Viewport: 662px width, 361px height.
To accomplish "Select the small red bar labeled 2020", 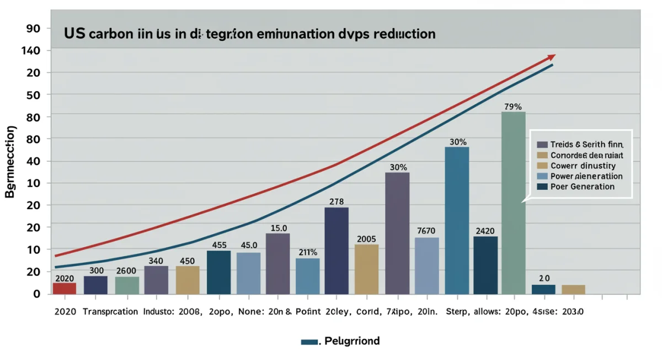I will pos(65,288).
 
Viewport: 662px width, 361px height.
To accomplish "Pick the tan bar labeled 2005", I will pos(367,269).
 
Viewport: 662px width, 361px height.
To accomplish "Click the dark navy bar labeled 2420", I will pos(485,265).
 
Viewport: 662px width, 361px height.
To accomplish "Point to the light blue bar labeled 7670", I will pos(427,266).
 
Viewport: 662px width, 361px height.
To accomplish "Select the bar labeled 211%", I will pos(307,276).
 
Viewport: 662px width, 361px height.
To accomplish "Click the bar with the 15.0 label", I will pos(277,263).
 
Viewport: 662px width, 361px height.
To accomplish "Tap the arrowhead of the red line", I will pos(552,57).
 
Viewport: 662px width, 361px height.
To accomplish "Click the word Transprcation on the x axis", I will pos(110,311).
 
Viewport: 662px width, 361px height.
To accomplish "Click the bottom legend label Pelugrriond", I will pos(352,341).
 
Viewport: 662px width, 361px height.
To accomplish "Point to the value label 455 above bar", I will pos(219,245).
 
